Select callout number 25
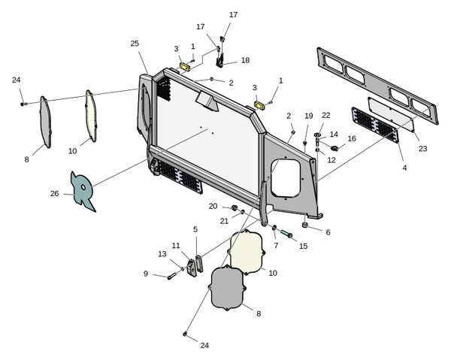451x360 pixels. click(x=135, y=44)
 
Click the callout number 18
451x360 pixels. click(x=245, y=60)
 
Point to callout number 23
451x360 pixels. click(x=423, y=149)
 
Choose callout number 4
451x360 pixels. click(x=404, y=167)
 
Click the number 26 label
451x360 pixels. click(x=54, y=193)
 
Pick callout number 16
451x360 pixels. click(x=352, y=138)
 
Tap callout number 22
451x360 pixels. click(x=326, y=115)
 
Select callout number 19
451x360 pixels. click(x=309, y=116)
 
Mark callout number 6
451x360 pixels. click(x=328, y=232)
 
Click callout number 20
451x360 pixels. click(x=213, y=206)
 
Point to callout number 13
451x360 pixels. click(x=162, y=254)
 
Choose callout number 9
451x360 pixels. click(x=146, y=274)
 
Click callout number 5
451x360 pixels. click(x=195, y=229)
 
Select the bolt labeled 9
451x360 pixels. click(x=171, y=276)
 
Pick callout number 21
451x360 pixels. click(x=224, y=221)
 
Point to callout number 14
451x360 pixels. click(x=334, y=135)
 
